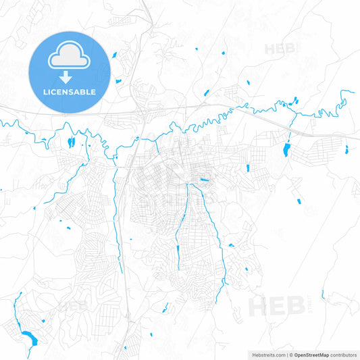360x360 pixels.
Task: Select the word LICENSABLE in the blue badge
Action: click(70, 92)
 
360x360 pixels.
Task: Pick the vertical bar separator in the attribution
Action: click(286, 354)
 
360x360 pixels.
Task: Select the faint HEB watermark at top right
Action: click(280, 49)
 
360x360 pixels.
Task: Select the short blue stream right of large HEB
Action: click(323, 294)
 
